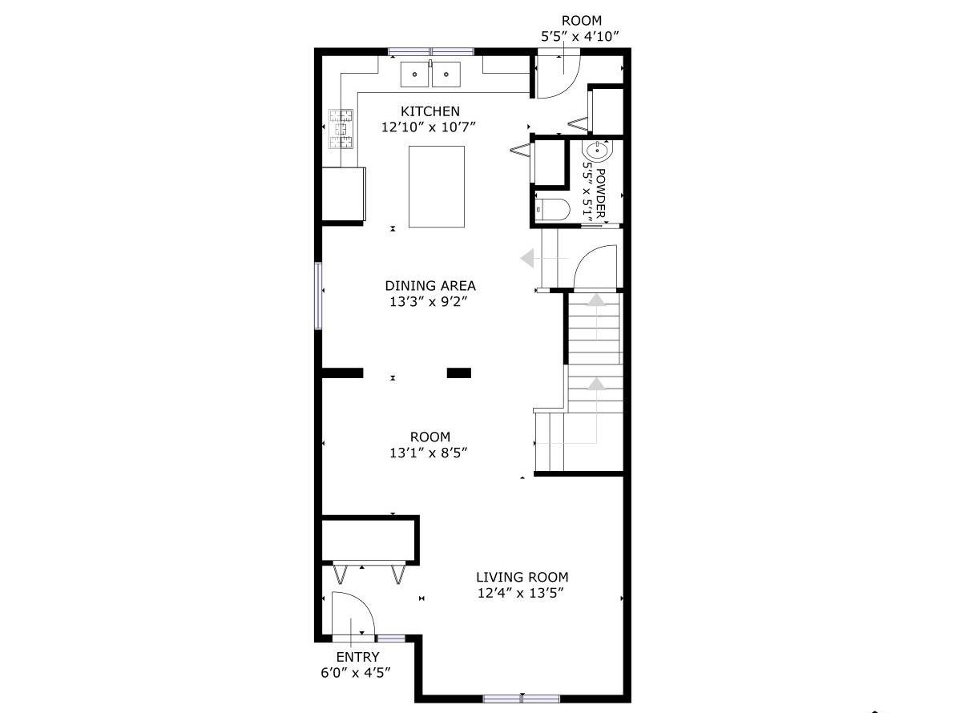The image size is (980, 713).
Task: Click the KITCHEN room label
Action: [x=430, y=111]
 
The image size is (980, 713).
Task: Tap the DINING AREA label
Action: [x=430, y=285]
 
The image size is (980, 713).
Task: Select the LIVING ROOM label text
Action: [x=522, y=577]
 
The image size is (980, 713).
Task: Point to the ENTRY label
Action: [x=357, y=657]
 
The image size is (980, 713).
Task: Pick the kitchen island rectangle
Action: [x=437, y=187]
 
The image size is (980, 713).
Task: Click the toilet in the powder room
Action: [x=553, y=210]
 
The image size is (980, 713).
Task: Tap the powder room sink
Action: [x=597, y=151]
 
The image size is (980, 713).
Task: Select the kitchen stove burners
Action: [x=341, y=130]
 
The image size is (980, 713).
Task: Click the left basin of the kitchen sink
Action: [x=415, y=74]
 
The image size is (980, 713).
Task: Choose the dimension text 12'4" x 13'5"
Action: [x=522, y=594]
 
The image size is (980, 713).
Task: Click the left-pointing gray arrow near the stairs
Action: [x=527, y=259]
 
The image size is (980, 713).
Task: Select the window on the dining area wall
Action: [x=318, y=296]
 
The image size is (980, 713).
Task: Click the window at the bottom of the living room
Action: [x=521, y=699]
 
